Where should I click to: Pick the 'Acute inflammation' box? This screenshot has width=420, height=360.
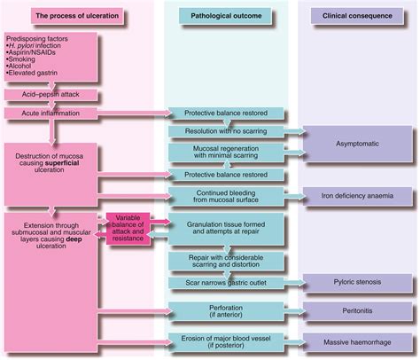pyautogui.click(x=47, y=113)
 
